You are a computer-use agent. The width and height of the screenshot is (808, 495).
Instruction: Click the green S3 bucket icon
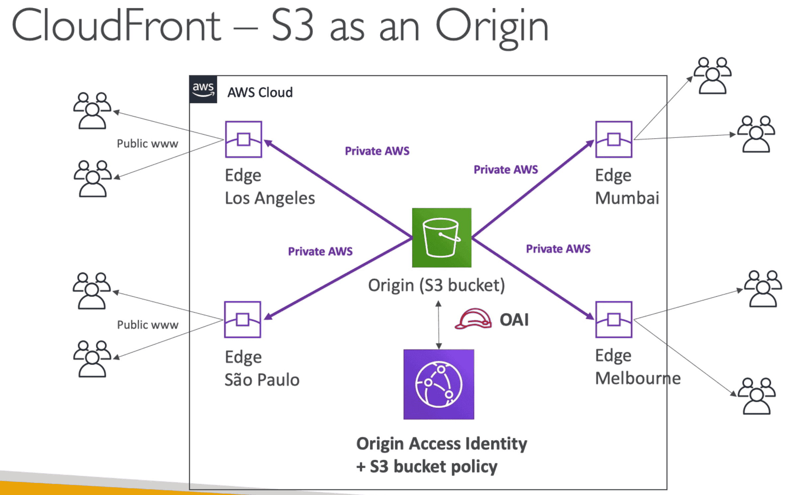[442, 238]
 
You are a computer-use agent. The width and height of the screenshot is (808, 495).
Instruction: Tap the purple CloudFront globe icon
[439, 384]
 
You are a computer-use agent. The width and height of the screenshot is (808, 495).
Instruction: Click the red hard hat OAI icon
[473, 319]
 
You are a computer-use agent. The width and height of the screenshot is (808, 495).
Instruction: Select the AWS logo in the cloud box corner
[203, 89]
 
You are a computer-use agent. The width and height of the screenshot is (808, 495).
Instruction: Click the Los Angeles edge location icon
[243, 139]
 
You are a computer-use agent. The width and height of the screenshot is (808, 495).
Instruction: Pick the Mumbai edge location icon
[613, 139]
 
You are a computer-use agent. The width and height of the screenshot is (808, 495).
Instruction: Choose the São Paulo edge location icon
[242, 320]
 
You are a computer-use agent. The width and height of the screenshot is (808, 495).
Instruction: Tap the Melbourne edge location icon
[613, 320]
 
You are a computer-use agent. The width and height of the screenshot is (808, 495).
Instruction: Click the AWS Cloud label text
[260, 92]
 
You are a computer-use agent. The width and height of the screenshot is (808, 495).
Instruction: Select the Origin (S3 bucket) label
[436, 285]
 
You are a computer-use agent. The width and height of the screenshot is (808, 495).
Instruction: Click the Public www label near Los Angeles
[147, 144]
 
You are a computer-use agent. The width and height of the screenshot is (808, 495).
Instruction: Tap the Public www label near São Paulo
[147, 325]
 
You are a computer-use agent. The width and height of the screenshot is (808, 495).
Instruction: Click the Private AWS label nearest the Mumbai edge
[506, 169]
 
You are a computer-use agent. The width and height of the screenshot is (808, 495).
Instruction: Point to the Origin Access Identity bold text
[442, 444]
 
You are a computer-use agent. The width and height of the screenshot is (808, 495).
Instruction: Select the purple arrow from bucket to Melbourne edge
[531, 277]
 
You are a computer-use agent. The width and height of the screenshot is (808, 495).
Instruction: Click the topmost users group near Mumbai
[712, 76]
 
